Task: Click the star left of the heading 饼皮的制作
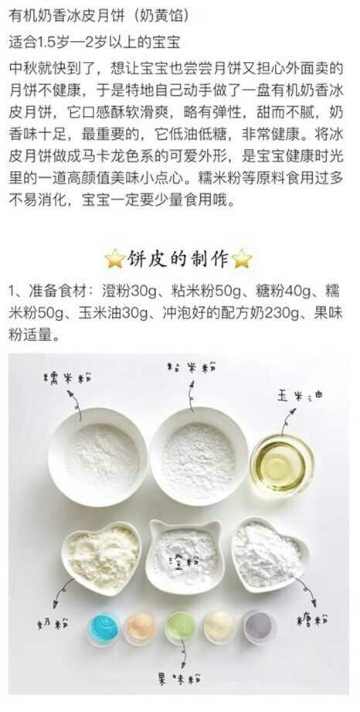coord(115,258)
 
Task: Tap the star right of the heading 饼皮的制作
coord(242,258)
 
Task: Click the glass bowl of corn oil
coord(282,464)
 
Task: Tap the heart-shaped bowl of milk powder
coord(101,558)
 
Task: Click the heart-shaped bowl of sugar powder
coord(269,554)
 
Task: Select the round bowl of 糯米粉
coord(98,458)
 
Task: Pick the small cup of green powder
coord(180,627)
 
